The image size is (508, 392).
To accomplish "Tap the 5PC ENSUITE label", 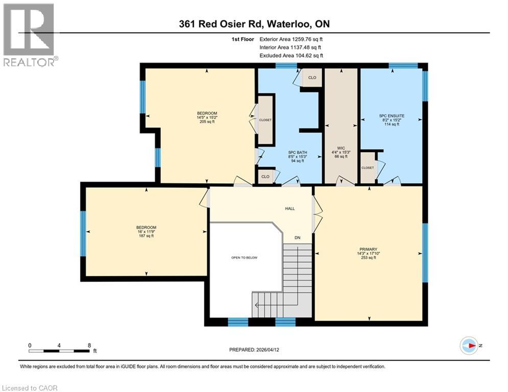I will click(x=392, y=116).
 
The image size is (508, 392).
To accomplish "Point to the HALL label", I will click(x=290, y=208).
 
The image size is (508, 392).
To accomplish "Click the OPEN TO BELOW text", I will click(x=245, y=258).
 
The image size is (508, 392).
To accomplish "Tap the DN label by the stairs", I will click(x=297, y=237).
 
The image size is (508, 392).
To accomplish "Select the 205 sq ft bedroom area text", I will click(x=207, y=122).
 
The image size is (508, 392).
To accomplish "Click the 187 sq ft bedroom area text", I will click(x=146, y=236).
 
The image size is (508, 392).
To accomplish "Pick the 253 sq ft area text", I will click(x=368, y=258).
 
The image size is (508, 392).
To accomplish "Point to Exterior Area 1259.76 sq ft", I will click(x=291, y=39).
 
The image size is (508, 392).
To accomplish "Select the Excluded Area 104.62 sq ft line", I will click(x=291, y=56).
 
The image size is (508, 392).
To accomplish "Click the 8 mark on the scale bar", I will click(x=89, y=345).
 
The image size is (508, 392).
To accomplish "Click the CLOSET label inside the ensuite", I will click(x=367, y=168).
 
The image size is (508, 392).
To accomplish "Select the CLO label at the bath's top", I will click(x=312, y=78).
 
